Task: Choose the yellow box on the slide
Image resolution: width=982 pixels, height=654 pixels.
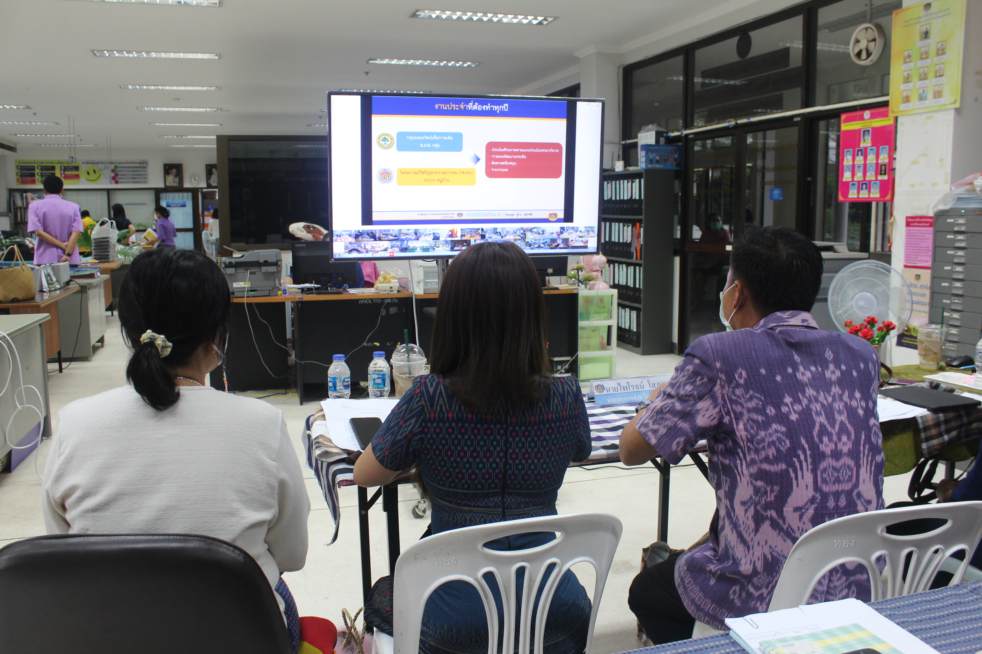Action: pyautogui.click(x=436, y=176)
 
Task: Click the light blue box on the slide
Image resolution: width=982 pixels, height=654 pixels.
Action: pyautogui.click(x=429, y=141)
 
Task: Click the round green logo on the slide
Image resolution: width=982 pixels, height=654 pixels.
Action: pyautogui.click(x=385, y=141)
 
